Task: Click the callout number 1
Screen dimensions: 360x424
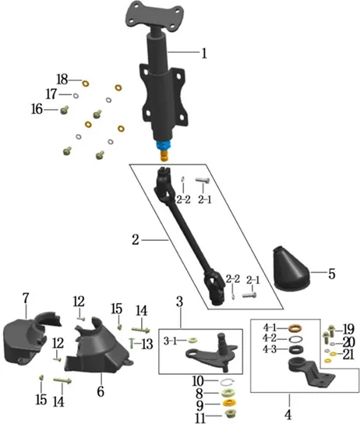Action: click(204, 53)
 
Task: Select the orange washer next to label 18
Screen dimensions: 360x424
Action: click(86, 83)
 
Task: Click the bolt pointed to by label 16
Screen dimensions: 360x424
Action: click(64, 110)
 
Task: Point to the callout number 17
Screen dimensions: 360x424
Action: click(51, 94)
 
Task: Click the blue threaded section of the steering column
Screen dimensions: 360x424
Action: click(164, 146)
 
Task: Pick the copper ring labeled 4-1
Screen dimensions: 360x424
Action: click(295, 329)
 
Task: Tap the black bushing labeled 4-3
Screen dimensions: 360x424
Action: click(296, 350)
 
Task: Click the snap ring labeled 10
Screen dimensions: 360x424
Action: click(227, 382)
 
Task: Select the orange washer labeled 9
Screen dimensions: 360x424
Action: click(229, 403)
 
